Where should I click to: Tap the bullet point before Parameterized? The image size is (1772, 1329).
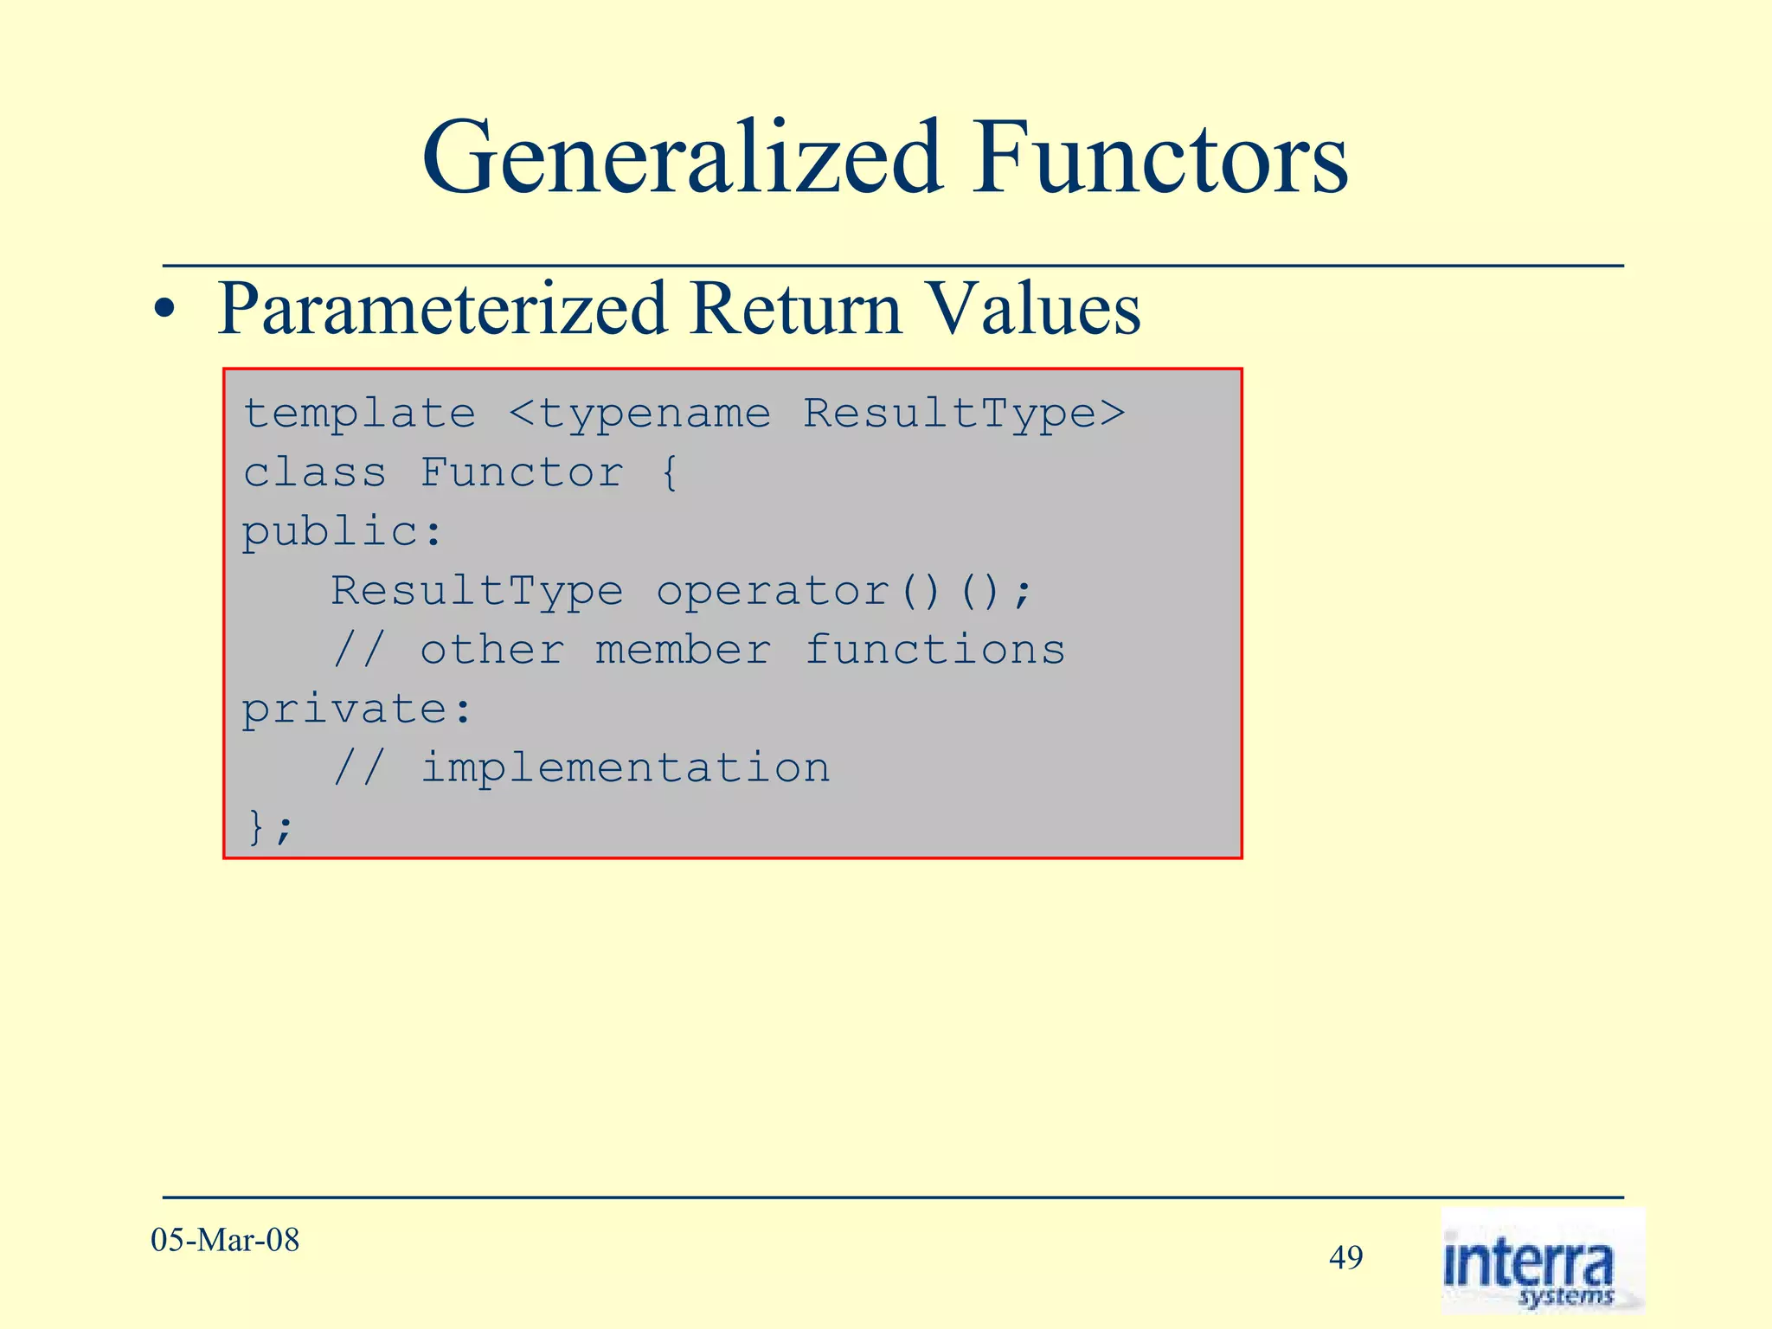(164, 312)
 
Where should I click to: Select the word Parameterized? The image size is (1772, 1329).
(442, 310)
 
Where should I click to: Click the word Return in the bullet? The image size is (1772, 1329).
(795, 310)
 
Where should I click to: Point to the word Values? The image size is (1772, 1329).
(1033, 310)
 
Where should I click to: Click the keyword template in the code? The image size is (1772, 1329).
(359, 414)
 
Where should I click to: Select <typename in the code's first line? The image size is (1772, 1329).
(639, 414)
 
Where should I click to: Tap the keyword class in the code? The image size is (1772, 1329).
(314, 472)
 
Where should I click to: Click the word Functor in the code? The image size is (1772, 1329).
(521, 472)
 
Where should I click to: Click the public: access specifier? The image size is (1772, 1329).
(343, 531)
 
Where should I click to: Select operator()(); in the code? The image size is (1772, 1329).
(844, 592)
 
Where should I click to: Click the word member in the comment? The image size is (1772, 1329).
(683, 650)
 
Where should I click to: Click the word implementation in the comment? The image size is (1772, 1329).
(625, 768)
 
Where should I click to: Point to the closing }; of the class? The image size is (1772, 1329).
(270, 827)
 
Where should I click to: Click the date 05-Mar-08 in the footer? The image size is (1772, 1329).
(225, 1241)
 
